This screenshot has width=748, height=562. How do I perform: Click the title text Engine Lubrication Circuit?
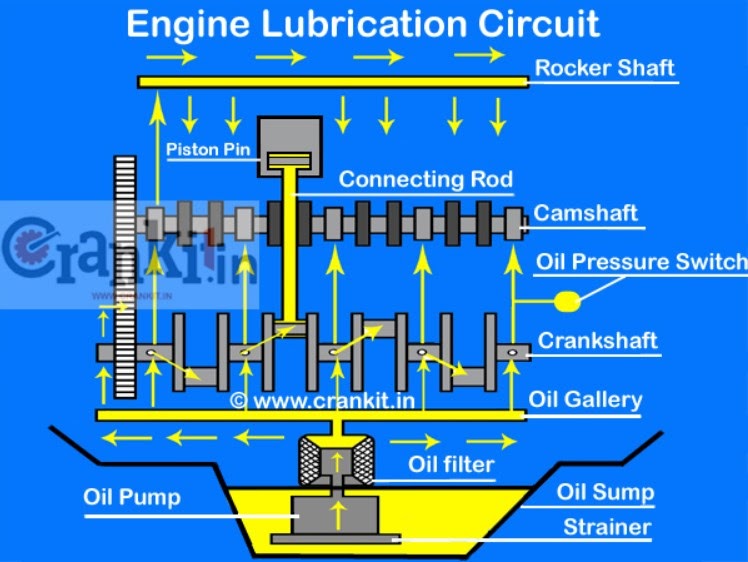[x=363, y=23]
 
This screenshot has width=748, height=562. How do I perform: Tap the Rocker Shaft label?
[x=605, y=69]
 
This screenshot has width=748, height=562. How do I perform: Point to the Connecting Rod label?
[x=426, y=180]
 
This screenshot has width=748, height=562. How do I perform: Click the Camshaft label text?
[x=585, y=213]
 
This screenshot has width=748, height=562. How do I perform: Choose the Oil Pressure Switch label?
[x=641, y=262]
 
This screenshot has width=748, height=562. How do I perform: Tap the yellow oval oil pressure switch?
[x=568, y=300]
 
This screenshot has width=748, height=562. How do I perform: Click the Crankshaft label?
[x=598, y=341]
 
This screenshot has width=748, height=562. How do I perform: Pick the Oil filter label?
[x=450, y=464]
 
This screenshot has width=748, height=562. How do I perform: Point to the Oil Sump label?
[x=606, y=492]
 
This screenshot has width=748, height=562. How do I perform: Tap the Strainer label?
[x=606, y=527]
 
